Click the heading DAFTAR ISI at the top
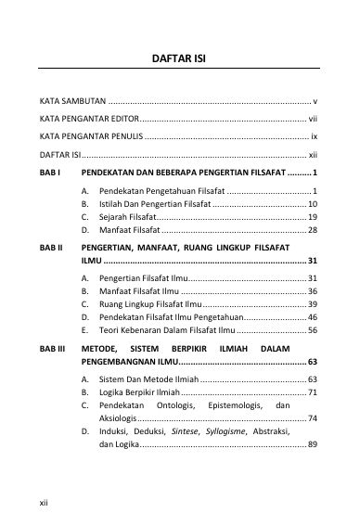pos(179,57)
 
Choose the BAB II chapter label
pos(51,249)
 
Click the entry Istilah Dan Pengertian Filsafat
pos(153,202)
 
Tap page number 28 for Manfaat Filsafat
pos(313,229)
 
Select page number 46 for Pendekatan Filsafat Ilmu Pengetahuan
pos(313,316)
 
